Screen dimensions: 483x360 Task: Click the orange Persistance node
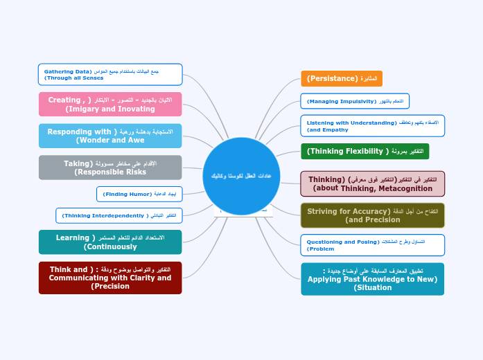pyautogui.click(x=342, y=79)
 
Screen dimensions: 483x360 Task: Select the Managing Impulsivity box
pyautogui.click(x=355, y=101)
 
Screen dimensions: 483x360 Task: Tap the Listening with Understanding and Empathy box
pyautogui.click(x=373, y=126)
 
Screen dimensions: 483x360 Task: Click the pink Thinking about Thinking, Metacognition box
pyautogui.click(x=373, y=184)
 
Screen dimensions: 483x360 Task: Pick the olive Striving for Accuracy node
pyautogui.click(x=373, y=215)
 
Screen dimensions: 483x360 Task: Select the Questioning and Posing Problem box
pyautogui.click(x=373, y=245)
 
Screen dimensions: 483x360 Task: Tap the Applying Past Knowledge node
pyautogui.click(x=373, y=279)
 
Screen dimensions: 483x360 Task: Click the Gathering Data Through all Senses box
pyautogui.click(x=110, y=74)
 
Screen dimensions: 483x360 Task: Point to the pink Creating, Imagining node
pyautogui.click(x=110, y=105)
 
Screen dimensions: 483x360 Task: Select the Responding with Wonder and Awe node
pyautogui.click(x=110, y=136)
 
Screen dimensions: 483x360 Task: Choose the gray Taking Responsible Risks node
pyautogui.click(x=110, y=168)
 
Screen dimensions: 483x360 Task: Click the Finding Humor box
pyautogui.click(x=140, y=194)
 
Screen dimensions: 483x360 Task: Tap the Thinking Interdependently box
pyautogui.click(x=119, y=216)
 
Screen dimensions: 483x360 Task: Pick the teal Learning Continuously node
pyautogui.click(x=110, y=242)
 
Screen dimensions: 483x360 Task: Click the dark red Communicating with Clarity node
pyautogui.click(x=110, y=278)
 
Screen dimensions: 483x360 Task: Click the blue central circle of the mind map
pyautogui.click(x=241, y=176)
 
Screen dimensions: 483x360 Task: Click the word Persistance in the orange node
pyautogui.click(x=333, y=79)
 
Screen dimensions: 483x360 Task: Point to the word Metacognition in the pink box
pyautogui.click(x=405, y=188)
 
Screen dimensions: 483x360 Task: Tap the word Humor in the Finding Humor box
pyautogui.click(x=136, y=195)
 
